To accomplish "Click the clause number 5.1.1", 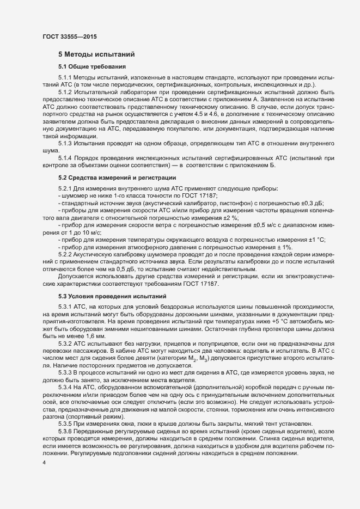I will click(65, 78).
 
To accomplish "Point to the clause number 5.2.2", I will click(65, 255).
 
